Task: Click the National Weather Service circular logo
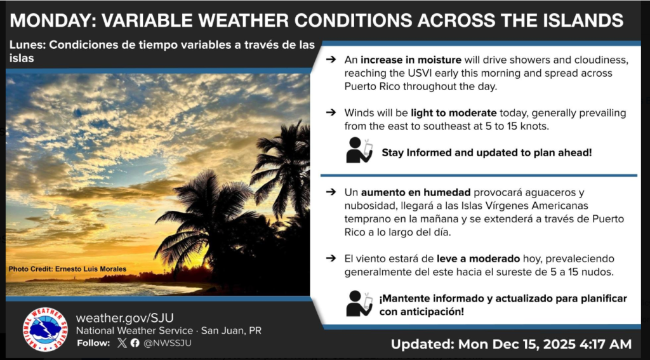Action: [x=45, y=329]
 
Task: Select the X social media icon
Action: [x=123, y=343]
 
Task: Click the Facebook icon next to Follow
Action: [x=135, y=343]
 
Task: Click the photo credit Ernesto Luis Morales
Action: [x=67, y=269]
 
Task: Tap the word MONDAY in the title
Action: [x=50, y=20]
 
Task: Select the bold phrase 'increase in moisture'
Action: [x=411, y=60]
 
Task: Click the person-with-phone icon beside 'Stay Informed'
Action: [x=359, y=150]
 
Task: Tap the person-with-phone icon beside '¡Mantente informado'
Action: [x=359, y=303]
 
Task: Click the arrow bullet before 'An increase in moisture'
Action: [x=331, y=60]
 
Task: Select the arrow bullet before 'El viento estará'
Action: [x=331, y=258]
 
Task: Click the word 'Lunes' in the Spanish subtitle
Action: [x=27, y=45]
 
